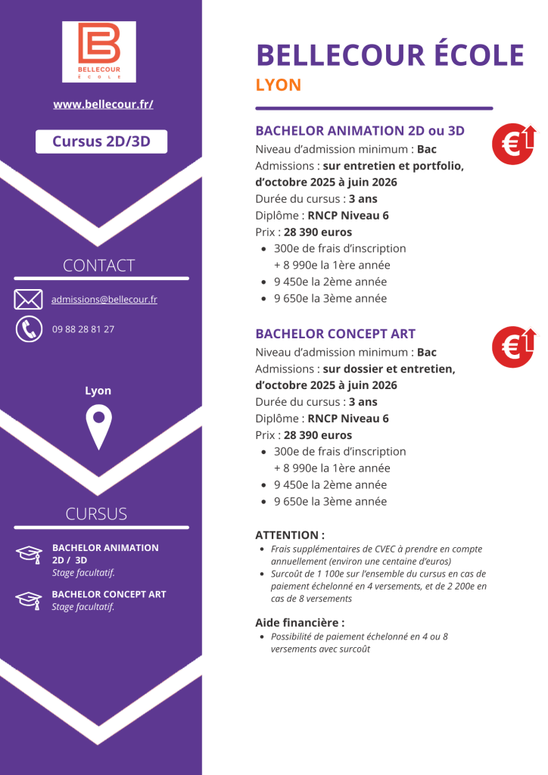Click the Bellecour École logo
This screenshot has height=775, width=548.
(99, 51)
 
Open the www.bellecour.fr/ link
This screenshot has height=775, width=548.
(103, 104)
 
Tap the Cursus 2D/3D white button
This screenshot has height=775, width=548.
(101, 142)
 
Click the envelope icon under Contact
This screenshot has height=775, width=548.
(28, 300)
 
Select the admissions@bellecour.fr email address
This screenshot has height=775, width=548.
(104, 300)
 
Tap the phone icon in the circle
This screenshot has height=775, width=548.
(29, 328)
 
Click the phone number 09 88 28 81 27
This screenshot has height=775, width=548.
(83, 329)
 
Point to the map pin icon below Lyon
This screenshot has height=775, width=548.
(98, 427)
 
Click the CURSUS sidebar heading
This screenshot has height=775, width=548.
(96, 514)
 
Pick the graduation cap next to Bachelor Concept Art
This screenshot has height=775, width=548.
(29, 599)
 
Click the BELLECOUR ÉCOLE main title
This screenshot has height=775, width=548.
(390, 55)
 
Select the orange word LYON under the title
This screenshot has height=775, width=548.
(279, 85)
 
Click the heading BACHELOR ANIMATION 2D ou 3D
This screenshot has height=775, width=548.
(360, 131)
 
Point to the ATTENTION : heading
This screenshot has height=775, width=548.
(290, 535)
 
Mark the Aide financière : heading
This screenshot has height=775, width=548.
(300, 623)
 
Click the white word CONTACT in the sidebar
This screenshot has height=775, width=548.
(98, 266)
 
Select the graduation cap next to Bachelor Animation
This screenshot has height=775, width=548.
(29, 553)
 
